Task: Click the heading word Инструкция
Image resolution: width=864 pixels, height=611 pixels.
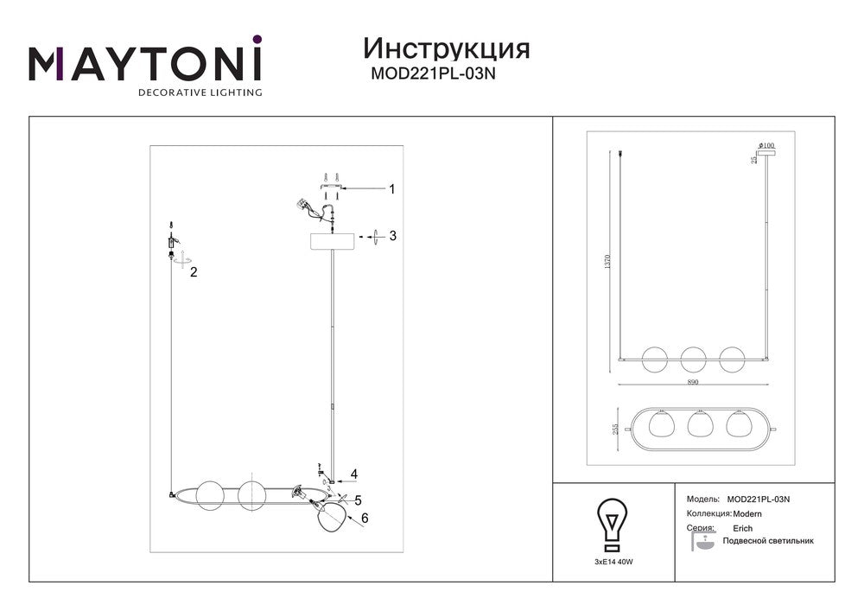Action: pyautogui.click(x=447, y=49)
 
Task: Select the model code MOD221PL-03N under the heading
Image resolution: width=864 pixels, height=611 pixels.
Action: pyautogui.click(x=433, y=73)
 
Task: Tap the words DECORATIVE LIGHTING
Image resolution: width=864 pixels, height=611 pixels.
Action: pyautogui.click(x=200, y=92)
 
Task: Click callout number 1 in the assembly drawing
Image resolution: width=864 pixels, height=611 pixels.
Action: pyautogui.click(x=391, y=189)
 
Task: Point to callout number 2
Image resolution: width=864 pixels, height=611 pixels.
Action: pyautogui.click(x=194, y=272)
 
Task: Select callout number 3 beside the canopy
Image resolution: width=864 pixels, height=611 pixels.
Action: pyautogui.click(x=392, y=236)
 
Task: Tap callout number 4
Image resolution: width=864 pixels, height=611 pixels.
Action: pyautogui.click(x=354, y=474)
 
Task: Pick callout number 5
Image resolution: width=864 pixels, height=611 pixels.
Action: pyautogui.click(x=359, y=500)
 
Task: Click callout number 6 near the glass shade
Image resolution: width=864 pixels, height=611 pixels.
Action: pyautogui.click(x=365, y=518)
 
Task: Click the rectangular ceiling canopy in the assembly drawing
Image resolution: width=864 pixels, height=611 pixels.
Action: pyautogui.click(x=334, y=242)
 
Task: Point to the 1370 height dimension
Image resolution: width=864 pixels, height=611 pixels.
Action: pyautogui.click(x=608, y=261)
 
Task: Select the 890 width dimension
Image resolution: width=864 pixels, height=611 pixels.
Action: pyautogui.click(x=693, y=382)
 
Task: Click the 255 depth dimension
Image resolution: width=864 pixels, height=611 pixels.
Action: pyautogui.click(x=616, y=429)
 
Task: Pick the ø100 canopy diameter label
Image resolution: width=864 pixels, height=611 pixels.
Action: pyautogui.click(x=766, y=145)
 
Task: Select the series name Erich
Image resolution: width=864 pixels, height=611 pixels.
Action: pyautogui.click(x=742, y=528)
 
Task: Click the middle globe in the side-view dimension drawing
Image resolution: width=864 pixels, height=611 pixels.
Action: pyautogui.click(x=693, y=359)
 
